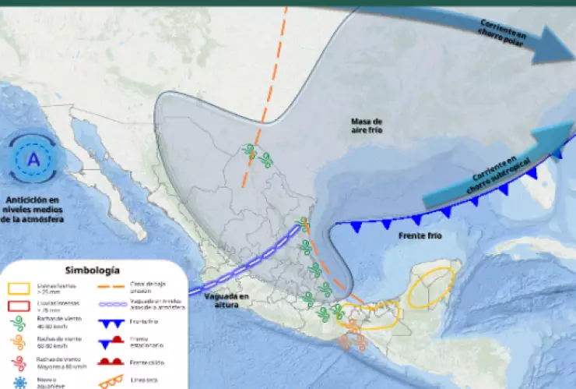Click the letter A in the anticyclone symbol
(33, 159)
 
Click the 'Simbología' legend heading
(92, 271)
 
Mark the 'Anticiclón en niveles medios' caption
(33, 209)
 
